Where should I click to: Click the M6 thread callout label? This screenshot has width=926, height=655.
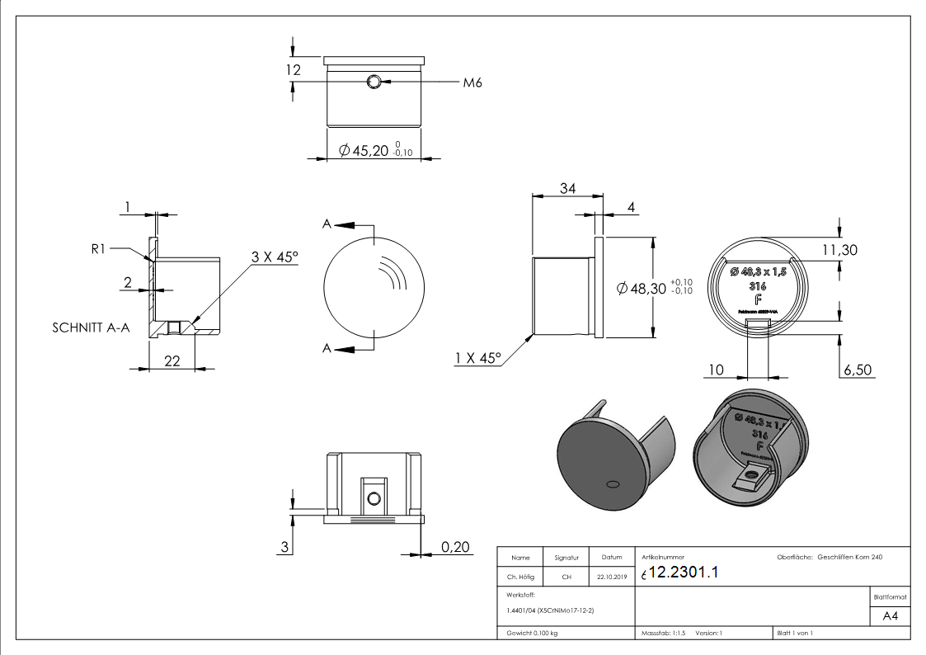click(x=471, y=82)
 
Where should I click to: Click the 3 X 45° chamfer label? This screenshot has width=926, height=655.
click(x=275, y=257)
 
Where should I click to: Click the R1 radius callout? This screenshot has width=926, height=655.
click(x=99, y=248)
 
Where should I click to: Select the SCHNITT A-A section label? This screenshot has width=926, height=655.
click(x=87, y=327)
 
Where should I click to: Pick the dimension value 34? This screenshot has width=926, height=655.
click(x=567, y=189)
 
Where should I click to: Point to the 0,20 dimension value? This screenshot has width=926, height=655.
click(x=454, y=546)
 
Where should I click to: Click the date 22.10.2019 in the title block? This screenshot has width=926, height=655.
click(x=611, y=577)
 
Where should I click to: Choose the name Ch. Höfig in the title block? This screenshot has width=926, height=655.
click(x=520, y=577)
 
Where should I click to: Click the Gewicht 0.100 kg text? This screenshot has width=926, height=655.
click(x=527, y=633)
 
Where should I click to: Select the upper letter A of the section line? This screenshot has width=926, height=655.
click(x=327, y=224)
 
